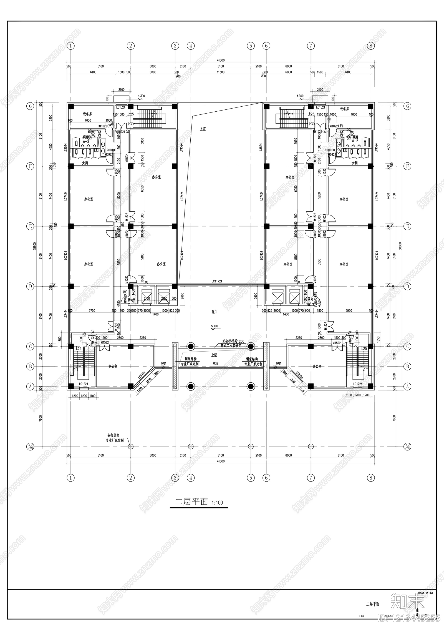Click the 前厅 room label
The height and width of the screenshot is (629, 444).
tap(214, 312)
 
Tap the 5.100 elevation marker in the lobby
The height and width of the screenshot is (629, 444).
tap(215, 326)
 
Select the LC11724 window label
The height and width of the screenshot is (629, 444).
tap(217, 281)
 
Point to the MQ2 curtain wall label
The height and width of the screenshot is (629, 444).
tap(215, 363)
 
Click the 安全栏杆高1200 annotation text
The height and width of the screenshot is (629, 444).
tap(233, 341)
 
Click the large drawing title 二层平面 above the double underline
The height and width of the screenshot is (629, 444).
tap(191, 502)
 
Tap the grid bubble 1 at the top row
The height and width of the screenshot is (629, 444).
tap(71, 46)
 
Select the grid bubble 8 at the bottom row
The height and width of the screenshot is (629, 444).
tap(370, 478)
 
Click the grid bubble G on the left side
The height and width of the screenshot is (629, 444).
tap(30, 106)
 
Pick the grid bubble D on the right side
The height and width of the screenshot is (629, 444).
tap(407, 286)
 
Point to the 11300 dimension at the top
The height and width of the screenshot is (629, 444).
tap(221, 72)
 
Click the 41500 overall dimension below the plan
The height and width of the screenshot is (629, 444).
tap(221, 461)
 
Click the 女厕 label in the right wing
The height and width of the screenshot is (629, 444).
tap(354, 163)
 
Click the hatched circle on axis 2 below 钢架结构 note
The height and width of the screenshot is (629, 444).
tap(131, 446)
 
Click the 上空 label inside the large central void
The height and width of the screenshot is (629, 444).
tap(203, 129)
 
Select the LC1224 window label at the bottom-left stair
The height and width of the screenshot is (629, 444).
tap(83, 384)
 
